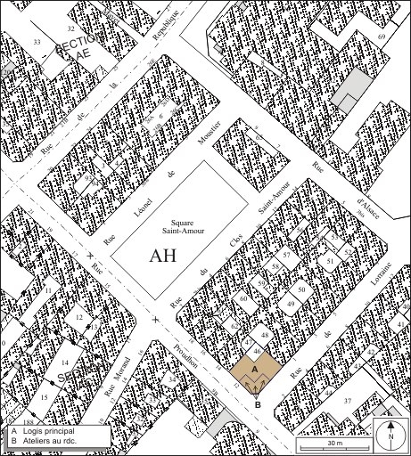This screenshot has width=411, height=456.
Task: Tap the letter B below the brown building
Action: [x=258, y=404]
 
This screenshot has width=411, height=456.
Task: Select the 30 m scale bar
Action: [x=331, y=443]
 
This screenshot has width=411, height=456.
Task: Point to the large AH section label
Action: [x=164, y=256]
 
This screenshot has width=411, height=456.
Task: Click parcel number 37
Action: [x=348, y=400]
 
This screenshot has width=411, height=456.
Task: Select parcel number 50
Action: [x=301, y=290]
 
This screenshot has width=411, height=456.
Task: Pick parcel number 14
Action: [x=65, y=362]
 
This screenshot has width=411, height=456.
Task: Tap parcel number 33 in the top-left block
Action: [x=37, y=42]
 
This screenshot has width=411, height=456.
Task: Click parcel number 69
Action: [x=382, y=36]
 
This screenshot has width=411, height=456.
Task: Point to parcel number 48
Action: [x=266, y=335]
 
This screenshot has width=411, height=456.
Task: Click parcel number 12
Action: [x=79, y=316]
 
